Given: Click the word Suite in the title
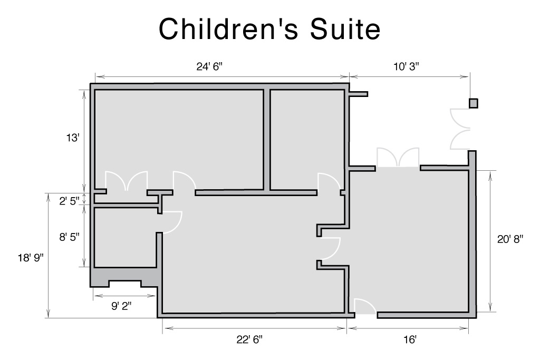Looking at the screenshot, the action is tap(345, 29).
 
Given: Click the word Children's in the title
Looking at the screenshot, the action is tap(228, 29).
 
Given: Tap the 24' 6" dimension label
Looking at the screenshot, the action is tap(209, 66).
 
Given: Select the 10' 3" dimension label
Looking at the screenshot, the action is tap(407, 66).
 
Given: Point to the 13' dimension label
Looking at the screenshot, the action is tap(73, 138).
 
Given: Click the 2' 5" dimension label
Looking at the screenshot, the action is tap(69, 201).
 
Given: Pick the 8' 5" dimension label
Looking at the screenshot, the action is tap(69, 237).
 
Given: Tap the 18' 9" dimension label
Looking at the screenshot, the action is tap(31, 257).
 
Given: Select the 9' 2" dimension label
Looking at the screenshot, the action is tap(121, 306).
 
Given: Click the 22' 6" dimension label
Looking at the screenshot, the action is tap(249, 339).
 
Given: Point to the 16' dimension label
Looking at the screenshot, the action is tap(410, 339).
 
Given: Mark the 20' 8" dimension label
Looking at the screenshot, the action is tap(510, 239).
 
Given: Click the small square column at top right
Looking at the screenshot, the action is tap(474, 103).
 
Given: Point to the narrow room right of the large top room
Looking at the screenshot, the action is tap(307, 139).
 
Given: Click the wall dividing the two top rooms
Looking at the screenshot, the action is tap(267, 139).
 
